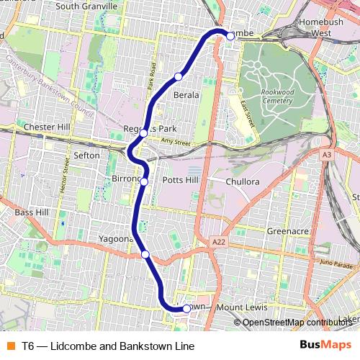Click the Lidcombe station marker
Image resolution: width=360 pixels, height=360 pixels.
click(230, 35)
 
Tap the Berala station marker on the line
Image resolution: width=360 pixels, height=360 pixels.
click(178, 76)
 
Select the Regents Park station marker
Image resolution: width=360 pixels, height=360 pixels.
click(144, 133)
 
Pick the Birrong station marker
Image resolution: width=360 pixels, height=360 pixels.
click(144, 181)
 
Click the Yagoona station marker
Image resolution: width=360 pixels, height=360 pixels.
click(145, 254)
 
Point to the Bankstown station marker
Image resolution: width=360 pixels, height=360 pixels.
click(186, 308)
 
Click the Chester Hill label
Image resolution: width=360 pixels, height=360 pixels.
click(45, 127)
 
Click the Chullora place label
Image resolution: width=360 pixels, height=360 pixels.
click(242, 181)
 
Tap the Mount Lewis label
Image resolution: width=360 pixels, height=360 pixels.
click(241, 308)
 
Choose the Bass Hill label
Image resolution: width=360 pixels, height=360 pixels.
click(32, 212)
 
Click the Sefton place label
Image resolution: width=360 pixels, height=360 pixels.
click(86, 155)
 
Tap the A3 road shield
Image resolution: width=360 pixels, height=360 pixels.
click(328, 155)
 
